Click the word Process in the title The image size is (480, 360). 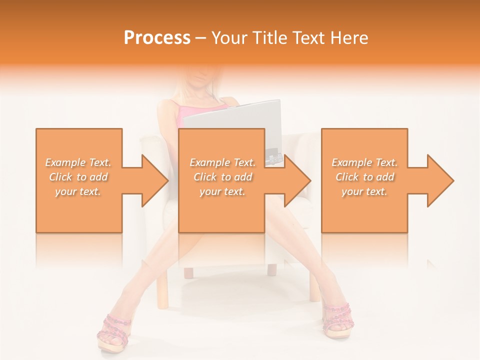click(x=157, y=38)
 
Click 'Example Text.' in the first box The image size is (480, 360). click(x=78, y=162)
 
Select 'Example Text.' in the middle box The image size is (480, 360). click(x=222, y=162)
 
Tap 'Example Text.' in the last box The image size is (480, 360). click(x=364, y=162)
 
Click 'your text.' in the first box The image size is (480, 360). click(x=78, y=191)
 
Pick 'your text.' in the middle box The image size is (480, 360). click(x=222, y=191)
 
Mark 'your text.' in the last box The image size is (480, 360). click(x=364, y=191)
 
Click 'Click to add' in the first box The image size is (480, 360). click(x=78, y=177)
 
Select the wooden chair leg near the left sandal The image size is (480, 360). click(x=163, y=292)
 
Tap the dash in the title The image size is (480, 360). click(x=201, y=38)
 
